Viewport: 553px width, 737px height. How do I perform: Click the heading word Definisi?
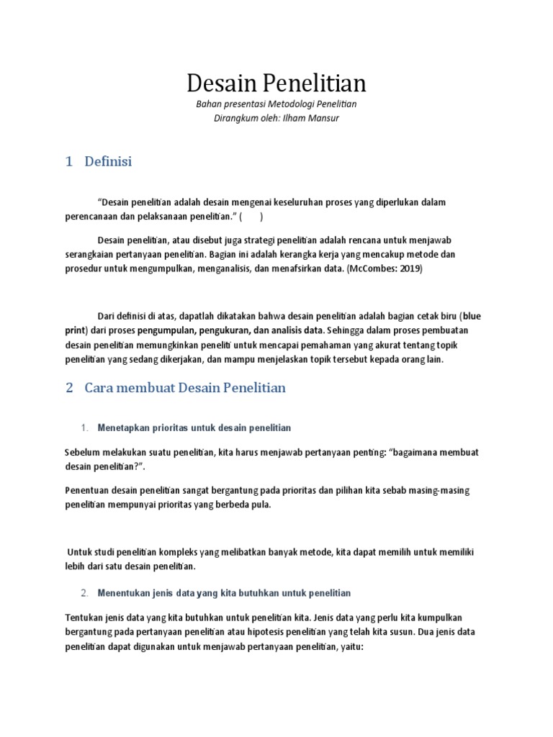point(108,162)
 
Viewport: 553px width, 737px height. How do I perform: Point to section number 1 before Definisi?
point(69,162)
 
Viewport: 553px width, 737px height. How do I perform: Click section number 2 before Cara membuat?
point(69,388)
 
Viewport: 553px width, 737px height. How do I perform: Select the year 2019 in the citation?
point(408,268)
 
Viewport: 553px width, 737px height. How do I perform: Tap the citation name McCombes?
point(369,268)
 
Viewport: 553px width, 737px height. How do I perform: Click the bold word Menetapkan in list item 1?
point(123,428)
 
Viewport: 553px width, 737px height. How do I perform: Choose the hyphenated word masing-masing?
point(436,490)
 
